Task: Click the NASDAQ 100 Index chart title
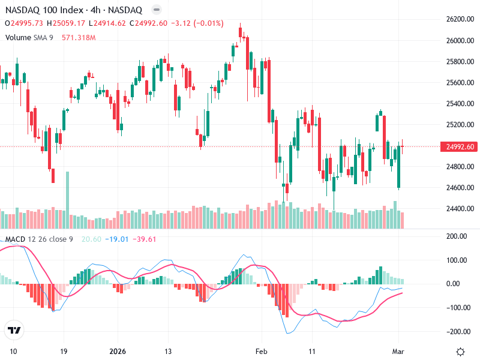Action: pos(74,10)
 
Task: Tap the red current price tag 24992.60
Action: pos(457,147)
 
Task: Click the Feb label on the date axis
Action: pos(260,350)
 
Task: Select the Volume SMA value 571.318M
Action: pos(79,38)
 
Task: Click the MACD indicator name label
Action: pos(16,239)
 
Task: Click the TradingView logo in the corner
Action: pos(14,331)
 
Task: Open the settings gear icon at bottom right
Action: pos(461,352)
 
